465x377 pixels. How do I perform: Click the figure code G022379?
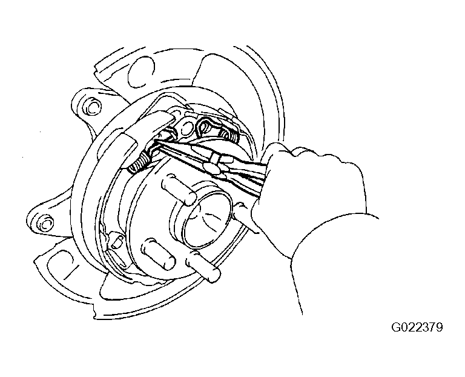(417, 327)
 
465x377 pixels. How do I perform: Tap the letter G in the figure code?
(396, 327)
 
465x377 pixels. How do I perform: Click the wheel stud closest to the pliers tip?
(179, 189)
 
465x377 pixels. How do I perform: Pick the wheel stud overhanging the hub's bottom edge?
(203, 265)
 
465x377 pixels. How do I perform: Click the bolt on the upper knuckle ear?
(93, 106)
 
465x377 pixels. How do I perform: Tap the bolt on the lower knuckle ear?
(45, 224)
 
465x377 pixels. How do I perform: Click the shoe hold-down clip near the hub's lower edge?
(116, 241)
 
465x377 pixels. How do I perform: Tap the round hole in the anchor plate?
(186, 129)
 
